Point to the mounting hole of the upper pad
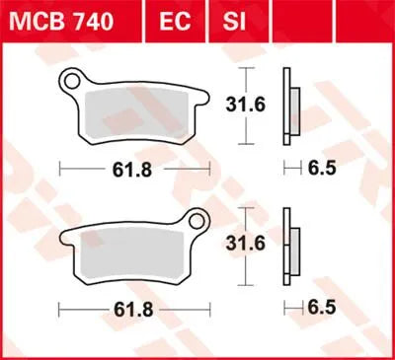click(x=73, y=78)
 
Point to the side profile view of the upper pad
click(x=289, y=107)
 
